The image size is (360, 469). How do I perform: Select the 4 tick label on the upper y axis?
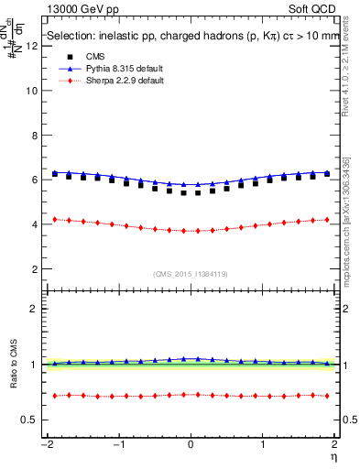pos(36,224)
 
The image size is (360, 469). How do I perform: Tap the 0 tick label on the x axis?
pos(191,444)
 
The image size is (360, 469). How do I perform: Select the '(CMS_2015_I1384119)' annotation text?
pos(191,274)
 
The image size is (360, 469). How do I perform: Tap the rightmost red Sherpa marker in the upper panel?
pos(327,219)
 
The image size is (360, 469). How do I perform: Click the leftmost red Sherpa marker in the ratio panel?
pos(55,396)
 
